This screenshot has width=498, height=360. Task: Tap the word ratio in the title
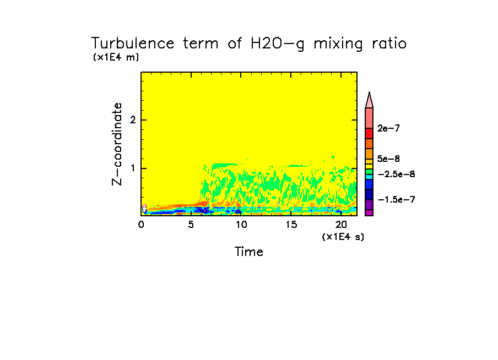coord(385,43)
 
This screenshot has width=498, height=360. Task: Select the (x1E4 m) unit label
coord(116,57)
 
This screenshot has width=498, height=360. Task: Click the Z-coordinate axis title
coord(117,143)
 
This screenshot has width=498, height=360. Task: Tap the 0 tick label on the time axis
coord(141,225)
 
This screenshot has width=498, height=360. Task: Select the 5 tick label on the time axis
coord(191,225)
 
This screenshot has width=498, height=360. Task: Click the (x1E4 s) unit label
coord(343,237)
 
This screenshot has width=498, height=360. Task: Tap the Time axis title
coord(249,252)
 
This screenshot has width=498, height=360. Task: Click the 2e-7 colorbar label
coord(389,129)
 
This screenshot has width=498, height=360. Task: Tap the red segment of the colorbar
coord(369,133)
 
